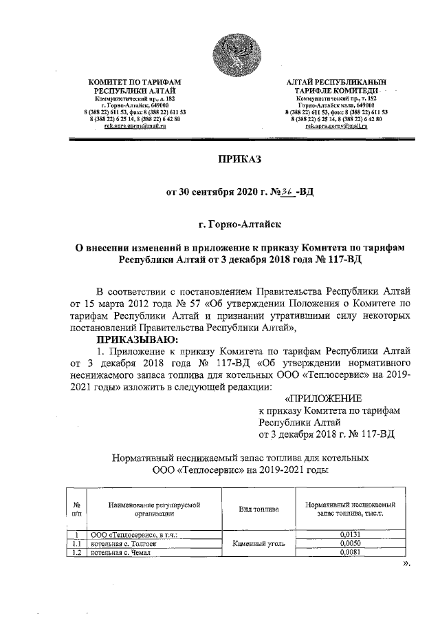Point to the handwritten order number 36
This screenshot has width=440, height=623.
coord(286,191)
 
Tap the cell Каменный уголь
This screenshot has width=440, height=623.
coord(257,543)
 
